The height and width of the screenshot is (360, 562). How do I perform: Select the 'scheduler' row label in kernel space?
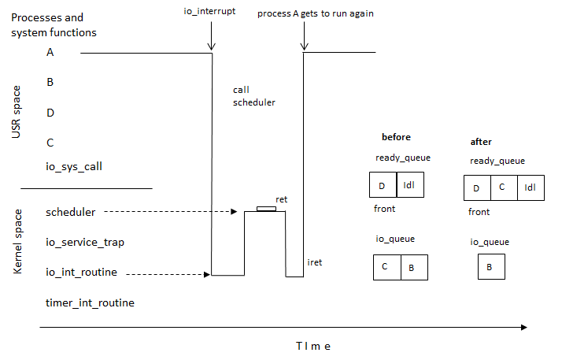[x=71, y=212]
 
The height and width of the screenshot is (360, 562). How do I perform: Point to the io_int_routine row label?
[x=82, y=273]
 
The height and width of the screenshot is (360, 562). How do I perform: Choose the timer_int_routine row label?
[x=90, y=302]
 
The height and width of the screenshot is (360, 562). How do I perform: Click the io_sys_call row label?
[x=74, y=166]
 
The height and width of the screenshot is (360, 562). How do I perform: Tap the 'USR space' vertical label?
[x=17, y=116]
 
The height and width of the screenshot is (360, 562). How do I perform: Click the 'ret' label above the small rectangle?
[x=280, y=199]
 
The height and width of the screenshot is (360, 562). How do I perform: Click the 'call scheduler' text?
[x=253, y=96]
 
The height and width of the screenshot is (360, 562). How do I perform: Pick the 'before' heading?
[x=396, y=137]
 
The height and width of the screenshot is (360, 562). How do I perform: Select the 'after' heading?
[x=481, y=142]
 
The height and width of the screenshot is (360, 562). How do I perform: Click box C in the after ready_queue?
[x=503, y=188]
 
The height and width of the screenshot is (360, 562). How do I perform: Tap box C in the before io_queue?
[x=386, y=267]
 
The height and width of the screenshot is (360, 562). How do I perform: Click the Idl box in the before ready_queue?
[x=409, y=184]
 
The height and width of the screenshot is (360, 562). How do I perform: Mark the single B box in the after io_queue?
[x=491, y=267]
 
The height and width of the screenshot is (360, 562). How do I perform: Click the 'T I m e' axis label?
[x=312, y=346]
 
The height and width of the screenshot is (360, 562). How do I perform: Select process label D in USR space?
[x=50, y=113]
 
